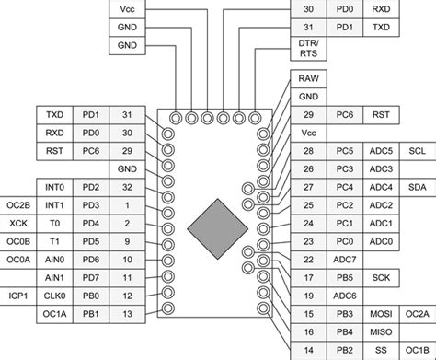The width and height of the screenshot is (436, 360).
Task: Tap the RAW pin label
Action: coord(309,79)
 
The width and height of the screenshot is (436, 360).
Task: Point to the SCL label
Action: coord(417,151)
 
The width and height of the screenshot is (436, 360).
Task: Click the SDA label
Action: coord(417,187)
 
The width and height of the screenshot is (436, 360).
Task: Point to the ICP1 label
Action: coord(17,296)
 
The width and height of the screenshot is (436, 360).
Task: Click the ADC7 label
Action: coord(345,260)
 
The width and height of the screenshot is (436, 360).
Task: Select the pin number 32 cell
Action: coord(127,187)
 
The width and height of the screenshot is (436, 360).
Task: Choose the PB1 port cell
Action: coord(91,314)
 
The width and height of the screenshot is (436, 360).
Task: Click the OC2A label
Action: coord(417,314)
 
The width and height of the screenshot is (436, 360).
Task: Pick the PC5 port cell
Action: coord(345,151)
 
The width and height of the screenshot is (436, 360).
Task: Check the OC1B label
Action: coord(417,350)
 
